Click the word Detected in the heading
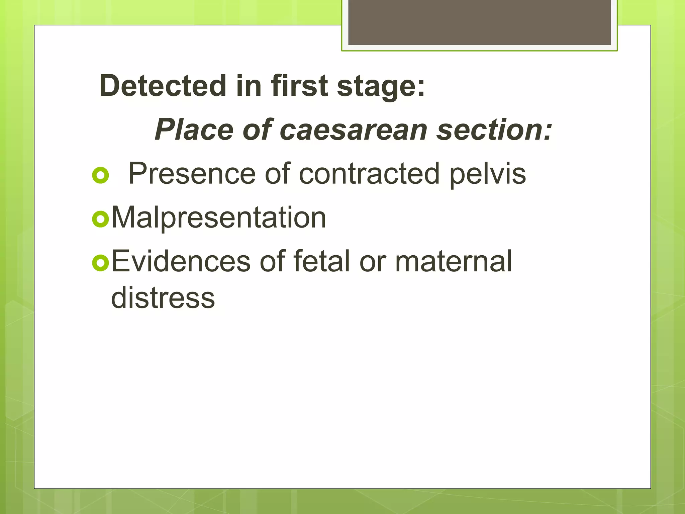coord(163,86)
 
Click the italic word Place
coord(194,130)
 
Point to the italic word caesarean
coord(353,130)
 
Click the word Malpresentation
coord(218,218)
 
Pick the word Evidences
coord(181,261)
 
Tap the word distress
coord(163,298)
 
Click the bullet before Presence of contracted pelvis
coord(100,175)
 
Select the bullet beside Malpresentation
coord(100,219)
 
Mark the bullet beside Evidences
coord(100,263)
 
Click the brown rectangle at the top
coord(479,22)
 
